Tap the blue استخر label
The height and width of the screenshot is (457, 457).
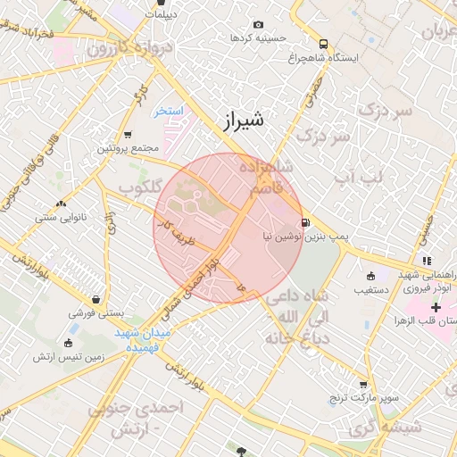tap(169, 112)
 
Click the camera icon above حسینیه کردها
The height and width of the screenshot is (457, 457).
tap(259, 24)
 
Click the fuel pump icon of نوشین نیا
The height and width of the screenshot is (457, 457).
tap(307, 222)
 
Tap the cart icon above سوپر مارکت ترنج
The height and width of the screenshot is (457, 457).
tap(362, 382)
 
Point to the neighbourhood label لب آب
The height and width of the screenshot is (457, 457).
tap(357, 179)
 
